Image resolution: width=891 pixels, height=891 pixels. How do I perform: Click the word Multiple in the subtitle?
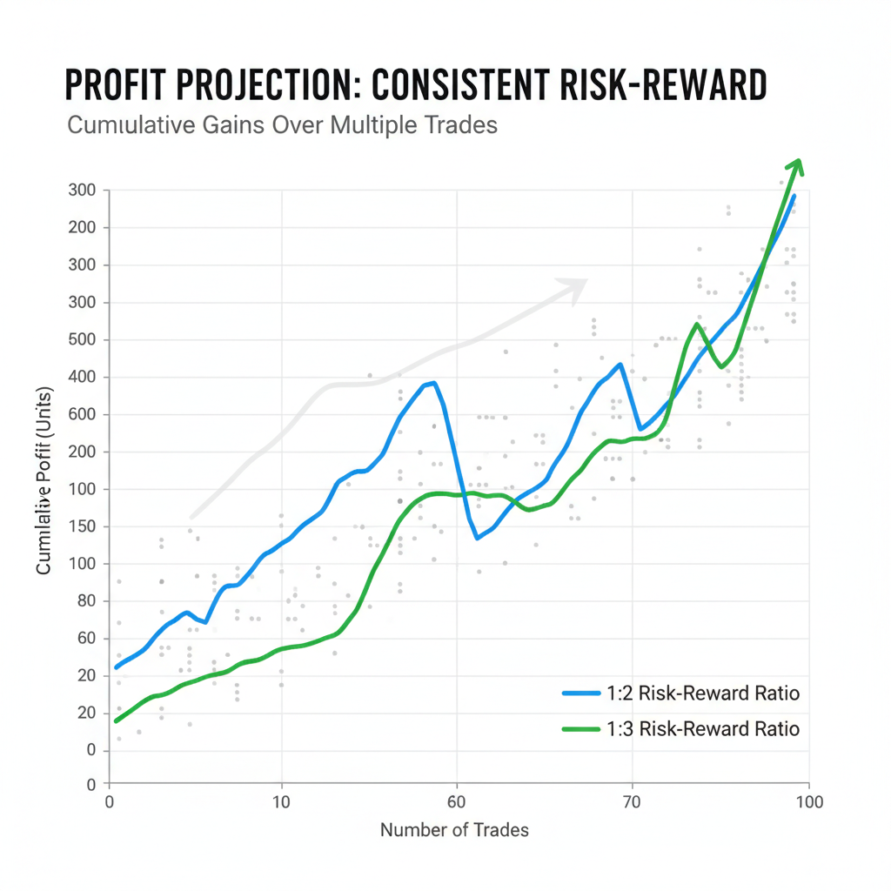(x=377, y=124)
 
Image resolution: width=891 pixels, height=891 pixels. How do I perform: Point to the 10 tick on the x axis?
(x=281, y=801)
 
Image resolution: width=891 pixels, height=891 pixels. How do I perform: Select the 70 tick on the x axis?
(x=632, y=801)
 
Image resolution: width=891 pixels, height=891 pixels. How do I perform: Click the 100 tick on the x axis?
(x=809, y=801)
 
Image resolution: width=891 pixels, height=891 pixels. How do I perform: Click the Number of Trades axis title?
(x=454, y=830)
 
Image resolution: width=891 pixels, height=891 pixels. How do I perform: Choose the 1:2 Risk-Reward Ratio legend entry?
(x=680, y=693)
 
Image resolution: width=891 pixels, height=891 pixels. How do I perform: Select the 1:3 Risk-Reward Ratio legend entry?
(x=680, y=729)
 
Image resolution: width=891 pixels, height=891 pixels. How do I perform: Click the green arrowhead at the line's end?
(x=795, y=167)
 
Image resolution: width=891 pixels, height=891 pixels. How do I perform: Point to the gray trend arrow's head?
(x=578, y=287)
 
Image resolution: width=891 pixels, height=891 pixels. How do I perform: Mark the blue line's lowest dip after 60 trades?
(x=477, y=538)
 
